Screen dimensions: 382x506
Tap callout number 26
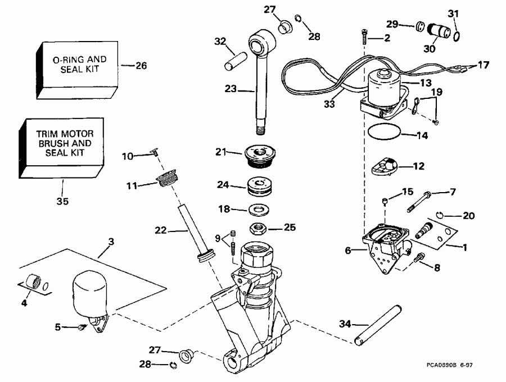tap(141, 66)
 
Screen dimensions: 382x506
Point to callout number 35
tap(63, 201)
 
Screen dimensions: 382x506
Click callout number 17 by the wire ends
tap(483, 65)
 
